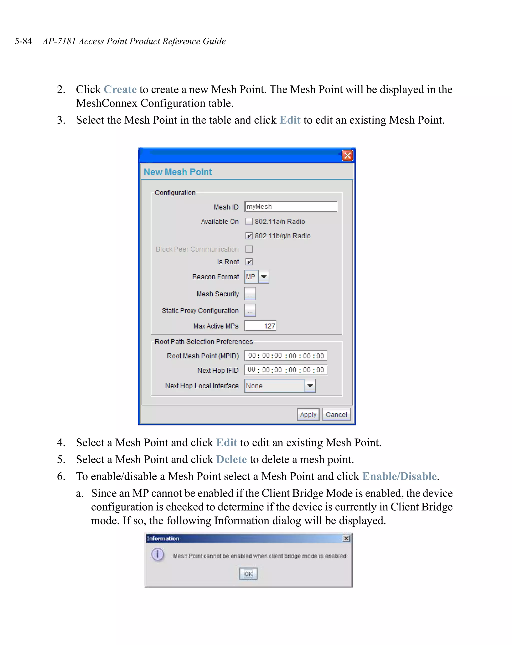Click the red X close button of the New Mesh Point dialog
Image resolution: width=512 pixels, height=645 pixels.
click(x=347, y=155)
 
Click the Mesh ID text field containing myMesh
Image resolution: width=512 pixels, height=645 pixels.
click(x=290, y=207)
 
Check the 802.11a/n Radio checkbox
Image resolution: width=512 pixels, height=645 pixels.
click(x=249, y=221)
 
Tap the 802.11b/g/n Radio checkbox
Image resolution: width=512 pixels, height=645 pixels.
click(x=249, y=236)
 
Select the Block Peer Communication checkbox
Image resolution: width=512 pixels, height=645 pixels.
click(x=249, y=249)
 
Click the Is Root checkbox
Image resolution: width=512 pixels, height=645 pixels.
click(x=249, y=262)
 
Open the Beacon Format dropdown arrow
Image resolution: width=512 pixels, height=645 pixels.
click(x=263, y=277)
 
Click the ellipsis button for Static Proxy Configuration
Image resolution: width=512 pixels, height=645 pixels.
click(x=250, y=311)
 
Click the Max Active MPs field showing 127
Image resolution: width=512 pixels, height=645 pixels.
click(x=260, y=326)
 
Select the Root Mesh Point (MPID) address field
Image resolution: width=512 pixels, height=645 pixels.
click(x=285, y=356)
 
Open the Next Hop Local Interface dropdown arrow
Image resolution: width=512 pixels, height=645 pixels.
click(x=310, y=386)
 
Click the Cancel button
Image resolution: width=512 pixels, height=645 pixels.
click(x=336, y=415)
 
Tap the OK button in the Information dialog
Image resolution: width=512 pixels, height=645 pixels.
click(x=248, y=574)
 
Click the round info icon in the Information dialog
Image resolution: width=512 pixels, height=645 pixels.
click(x=157, y=554)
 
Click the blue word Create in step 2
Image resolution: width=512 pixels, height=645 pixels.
click(x=120, y=90)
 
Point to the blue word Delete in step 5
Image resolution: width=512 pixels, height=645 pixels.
click(x=231, y=459)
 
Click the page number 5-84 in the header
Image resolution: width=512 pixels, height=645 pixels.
click(x=23, y=41)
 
